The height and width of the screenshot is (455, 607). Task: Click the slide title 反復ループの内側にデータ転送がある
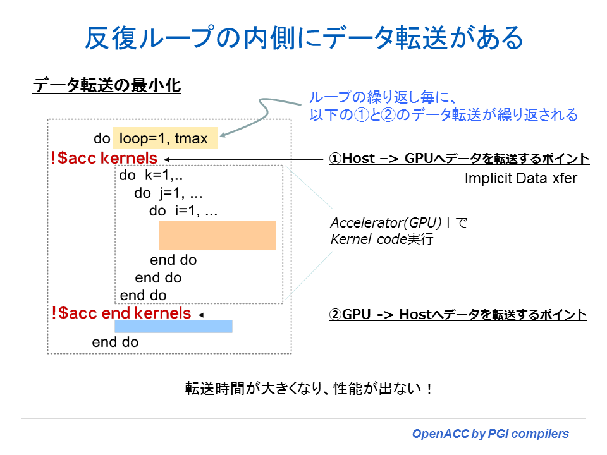(x=304, y=39)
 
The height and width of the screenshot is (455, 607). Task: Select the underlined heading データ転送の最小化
(x=107, y=86)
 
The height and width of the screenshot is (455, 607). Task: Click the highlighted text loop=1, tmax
(x=164, y=138)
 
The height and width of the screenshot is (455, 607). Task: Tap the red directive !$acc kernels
(x=104, y=158)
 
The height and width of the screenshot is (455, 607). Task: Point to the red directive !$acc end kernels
(x=121, y=313)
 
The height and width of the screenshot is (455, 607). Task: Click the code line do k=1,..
(x=146, y=176)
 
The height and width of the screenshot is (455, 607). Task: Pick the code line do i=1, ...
(x=183, y=211)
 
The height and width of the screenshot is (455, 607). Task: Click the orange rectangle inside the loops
(x=217, y=235)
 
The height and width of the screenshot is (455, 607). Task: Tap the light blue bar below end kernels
(x=173, y=326)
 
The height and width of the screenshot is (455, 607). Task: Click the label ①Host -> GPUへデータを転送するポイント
(x=459, y=159)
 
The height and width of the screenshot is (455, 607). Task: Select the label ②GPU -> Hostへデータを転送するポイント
(x=458, y=314)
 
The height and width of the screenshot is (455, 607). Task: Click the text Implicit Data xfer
(x=521, y=178)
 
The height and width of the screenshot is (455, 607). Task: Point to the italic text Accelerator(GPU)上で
(x=398, y=223)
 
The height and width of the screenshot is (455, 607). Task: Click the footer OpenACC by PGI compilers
(x=491, y=434)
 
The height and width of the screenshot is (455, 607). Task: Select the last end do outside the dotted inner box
(x=115, y=343)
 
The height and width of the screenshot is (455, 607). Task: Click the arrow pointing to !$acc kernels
(x=247, y=159)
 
